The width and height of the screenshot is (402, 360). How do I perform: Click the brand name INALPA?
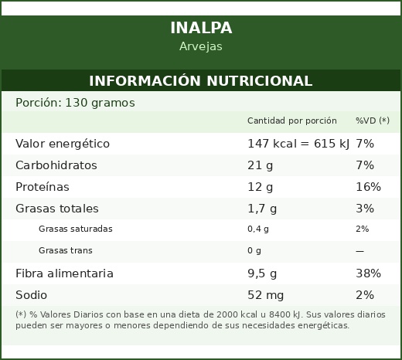(x=201, y=28)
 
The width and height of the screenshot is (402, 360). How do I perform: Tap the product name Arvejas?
(x=201, y=46)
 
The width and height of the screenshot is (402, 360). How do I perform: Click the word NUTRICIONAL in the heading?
(x=260, y=81)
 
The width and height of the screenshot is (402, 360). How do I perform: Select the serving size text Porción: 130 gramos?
(x=75, y=103)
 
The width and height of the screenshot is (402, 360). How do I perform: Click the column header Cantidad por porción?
(x=292, y=121)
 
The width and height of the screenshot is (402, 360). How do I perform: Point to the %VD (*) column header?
(x=373, y=121)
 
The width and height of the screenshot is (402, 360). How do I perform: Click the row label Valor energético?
(x=63, y=144)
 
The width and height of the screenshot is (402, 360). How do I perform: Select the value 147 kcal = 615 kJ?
(x=298, y=144)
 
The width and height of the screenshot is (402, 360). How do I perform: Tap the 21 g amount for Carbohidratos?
(x=261, y=165)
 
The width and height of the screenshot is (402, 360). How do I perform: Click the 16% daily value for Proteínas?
(x=368, y=187)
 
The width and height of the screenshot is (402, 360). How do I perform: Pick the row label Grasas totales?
(x=57, y=209)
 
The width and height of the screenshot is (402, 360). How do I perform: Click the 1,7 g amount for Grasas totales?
(x=262, y=209)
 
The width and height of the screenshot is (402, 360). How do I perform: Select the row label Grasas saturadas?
(x=76, y=229)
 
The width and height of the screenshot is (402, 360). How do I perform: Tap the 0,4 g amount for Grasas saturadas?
(x=258, y=229)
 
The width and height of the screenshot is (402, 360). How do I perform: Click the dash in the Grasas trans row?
(x=359, y=251)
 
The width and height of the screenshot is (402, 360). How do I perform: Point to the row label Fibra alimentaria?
(x=64, y=273)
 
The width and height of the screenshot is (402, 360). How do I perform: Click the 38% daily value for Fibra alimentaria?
(x=368, y=273)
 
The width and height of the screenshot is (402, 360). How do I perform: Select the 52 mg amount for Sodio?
(x=265, y=295)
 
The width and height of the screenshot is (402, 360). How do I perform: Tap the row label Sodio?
(x=31, y=295)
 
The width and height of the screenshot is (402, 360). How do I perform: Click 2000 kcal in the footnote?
(x=237, y=314)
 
